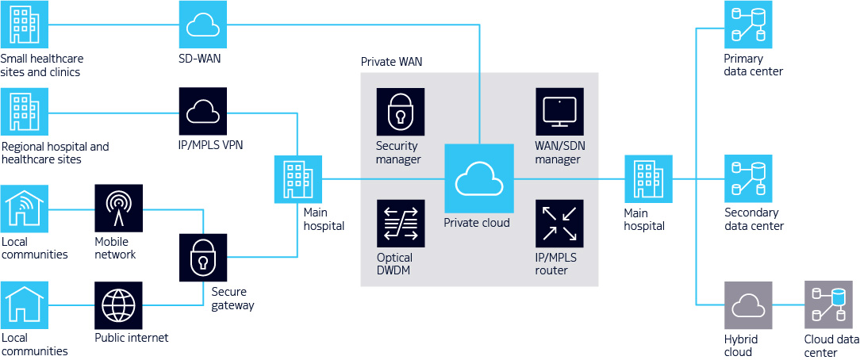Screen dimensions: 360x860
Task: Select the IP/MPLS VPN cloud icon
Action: pyautogui.click(x=202, y=111)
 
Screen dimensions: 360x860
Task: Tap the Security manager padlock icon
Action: pyautogui.click(x=400, y=111)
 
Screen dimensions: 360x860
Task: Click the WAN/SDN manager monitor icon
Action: pyautogui.click(x=559, y=111)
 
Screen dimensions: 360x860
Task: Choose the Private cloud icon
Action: pyautogui.click(x=479, y=179)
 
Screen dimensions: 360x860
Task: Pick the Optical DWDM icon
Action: pyautogui.click(x=400, y=223)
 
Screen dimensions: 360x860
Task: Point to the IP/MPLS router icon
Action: pyautogui.click(x=559, y=223)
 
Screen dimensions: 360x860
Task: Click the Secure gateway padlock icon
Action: pyautogui.click(x=202, y=257)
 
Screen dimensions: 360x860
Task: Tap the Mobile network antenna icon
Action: pyautogui.click(x=119, y=209)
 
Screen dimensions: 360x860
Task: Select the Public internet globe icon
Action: pyautogui.click(x=119, y=305)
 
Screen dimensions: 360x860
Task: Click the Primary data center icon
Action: pyautogui.click(x=748, y=25)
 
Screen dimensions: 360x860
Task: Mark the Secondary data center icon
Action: pyautogui.click(x=748, y=178)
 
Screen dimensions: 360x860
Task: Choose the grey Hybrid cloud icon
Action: pyautogui.click(x=748, y=305)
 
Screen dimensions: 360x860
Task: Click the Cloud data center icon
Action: pyautogui.click(x=828, y=305)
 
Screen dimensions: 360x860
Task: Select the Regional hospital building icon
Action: pyautogui.click(x=25, y=111)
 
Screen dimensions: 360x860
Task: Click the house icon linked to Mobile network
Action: pyautogui.click(x=25, y=209)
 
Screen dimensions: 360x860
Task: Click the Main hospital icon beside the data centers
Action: pyautogui.click(x=648, y=179)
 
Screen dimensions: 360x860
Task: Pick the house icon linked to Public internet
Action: pyautogui.click(x=25, y=305)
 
